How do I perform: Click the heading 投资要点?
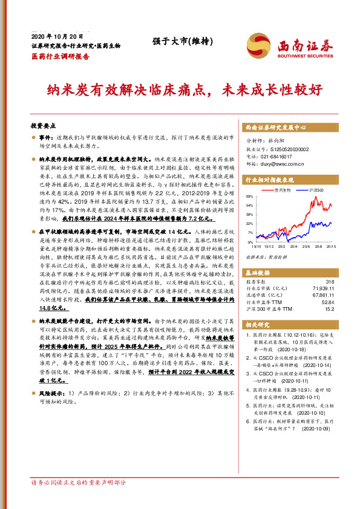44,128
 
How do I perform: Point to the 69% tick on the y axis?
250,197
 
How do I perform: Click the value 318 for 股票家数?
329,282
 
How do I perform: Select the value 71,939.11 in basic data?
322,289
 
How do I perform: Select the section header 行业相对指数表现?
269,180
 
